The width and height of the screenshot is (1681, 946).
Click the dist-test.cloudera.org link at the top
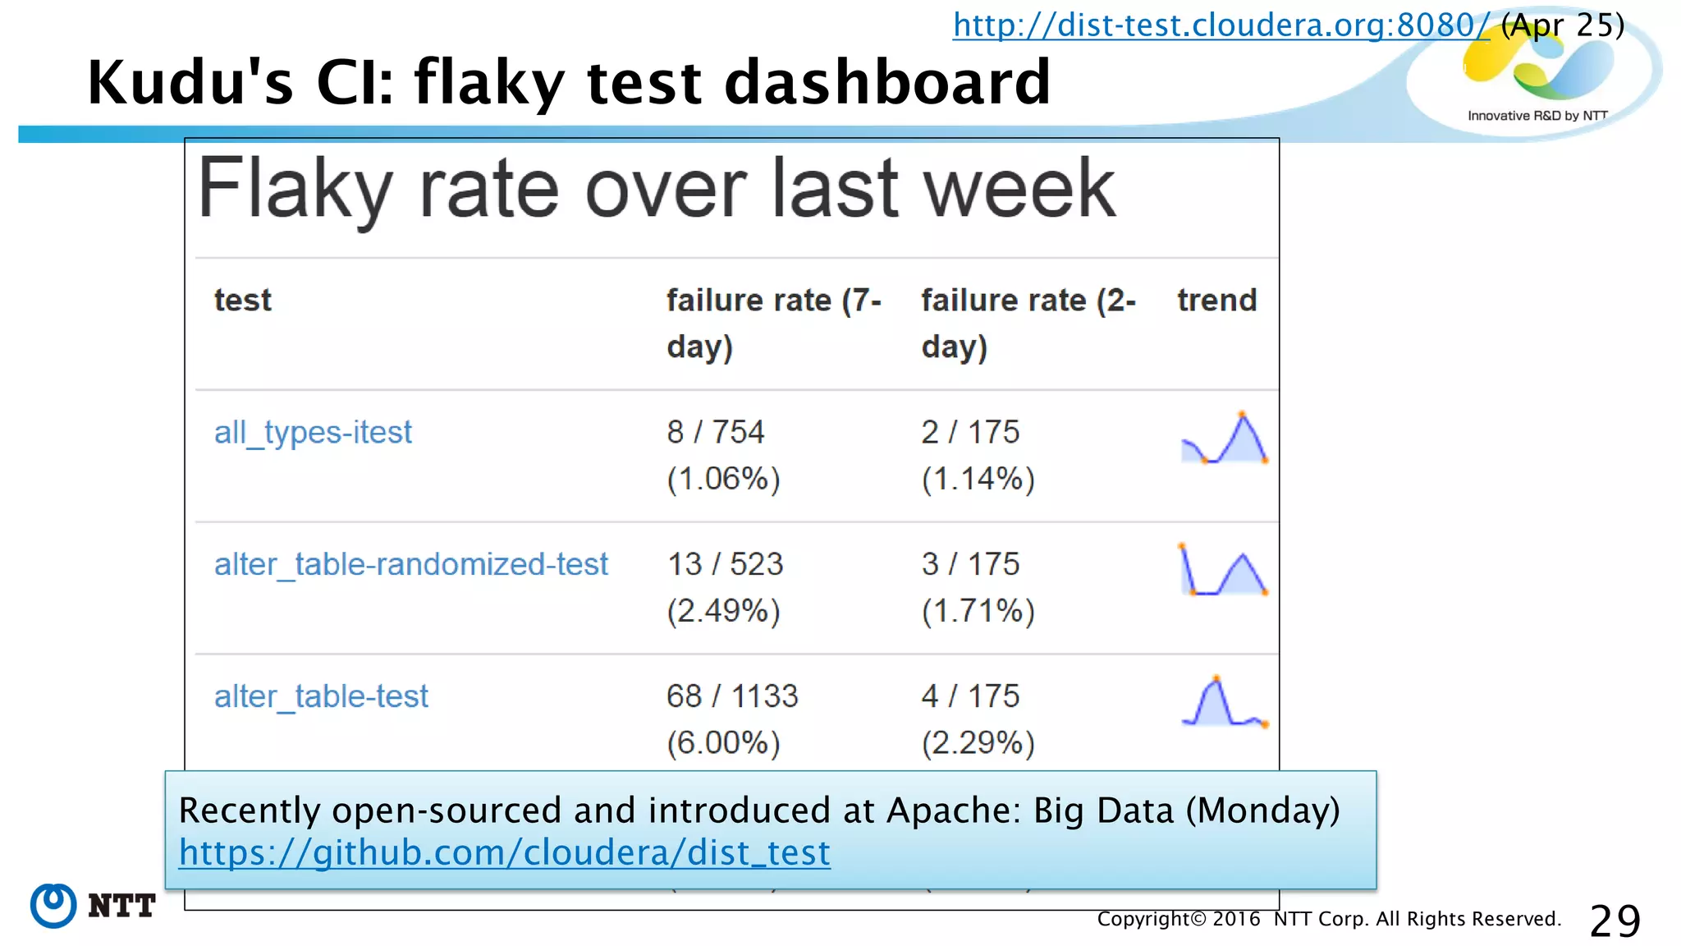coord(1220,25)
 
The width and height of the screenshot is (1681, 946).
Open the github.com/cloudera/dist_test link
coord(504,852)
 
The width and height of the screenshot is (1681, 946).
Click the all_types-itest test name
coord(313,432)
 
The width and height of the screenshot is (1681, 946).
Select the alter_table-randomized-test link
coord(410,564)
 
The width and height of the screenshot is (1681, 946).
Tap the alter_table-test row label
coord(321,696)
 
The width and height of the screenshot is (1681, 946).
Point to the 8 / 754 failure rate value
coord(715,432)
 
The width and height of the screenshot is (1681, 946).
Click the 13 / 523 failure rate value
coord(725,564)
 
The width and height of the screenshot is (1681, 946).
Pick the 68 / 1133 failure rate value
coord(731,696)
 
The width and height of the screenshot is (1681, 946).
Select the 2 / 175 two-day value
coord(969,432)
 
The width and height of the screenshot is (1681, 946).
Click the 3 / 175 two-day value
coord(969,564)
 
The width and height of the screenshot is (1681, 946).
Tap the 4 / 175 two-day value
coord(969,696)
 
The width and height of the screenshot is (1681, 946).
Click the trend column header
coord(1216,301)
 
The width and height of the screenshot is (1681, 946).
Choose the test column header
coord(242,301)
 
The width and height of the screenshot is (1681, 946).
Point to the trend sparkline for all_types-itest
coord(1224,439)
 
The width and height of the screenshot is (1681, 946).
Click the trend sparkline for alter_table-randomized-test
coord(1224,570)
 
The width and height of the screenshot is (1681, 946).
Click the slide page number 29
coord(1615,921)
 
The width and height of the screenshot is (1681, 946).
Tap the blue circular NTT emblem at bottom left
coord(53,906)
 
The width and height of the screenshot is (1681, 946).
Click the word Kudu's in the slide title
coord(190,83)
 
